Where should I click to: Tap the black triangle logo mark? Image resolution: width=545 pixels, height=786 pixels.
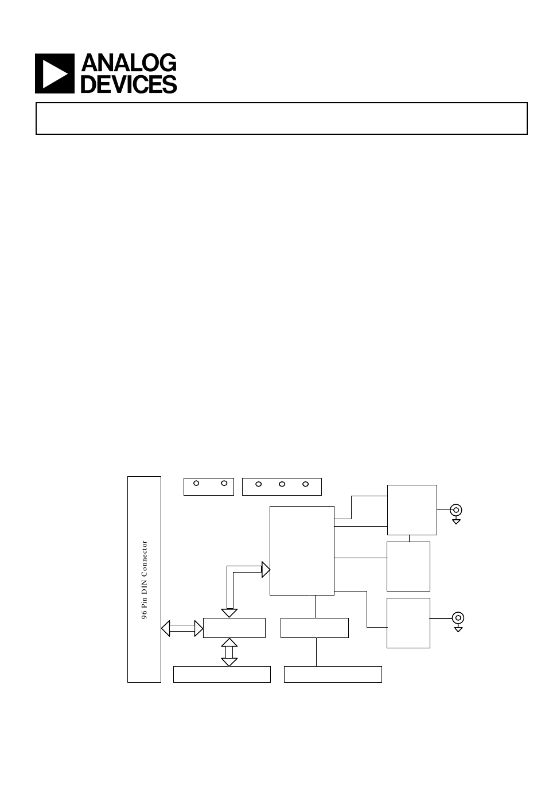55,73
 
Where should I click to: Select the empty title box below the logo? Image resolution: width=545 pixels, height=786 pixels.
281,118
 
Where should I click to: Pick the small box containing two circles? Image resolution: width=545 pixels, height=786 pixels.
209,486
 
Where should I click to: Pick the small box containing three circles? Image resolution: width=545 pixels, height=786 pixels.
282,486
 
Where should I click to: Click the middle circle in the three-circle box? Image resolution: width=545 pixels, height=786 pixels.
282,484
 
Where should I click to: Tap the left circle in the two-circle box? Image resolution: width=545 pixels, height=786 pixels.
196,483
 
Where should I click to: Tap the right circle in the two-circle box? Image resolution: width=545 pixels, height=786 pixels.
224,483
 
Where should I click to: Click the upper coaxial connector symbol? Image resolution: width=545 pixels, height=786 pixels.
456,509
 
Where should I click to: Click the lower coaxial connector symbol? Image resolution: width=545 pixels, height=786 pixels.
457,618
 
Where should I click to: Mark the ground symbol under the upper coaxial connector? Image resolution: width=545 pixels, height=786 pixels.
456,521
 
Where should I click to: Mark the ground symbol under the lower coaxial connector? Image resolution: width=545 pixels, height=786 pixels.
458,629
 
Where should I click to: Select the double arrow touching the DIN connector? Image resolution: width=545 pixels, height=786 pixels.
182,628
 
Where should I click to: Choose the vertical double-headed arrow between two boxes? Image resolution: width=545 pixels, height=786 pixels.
229,652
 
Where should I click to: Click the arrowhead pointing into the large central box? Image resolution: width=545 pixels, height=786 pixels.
266,570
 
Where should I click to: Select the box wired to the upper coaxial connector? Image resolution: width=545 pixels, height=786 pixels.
412,509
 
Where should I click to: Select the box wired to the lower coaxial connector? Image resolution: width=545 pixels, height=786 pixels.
408,622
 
